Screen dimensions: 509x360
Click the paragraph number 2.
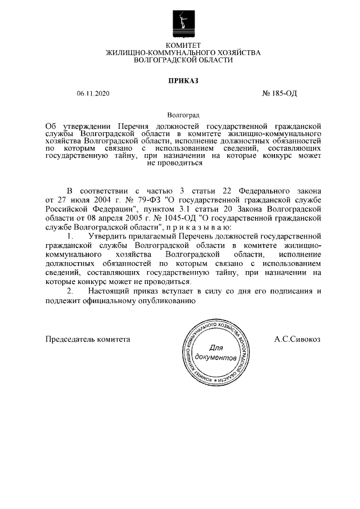pyautogui.click(x=70, y=291)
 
